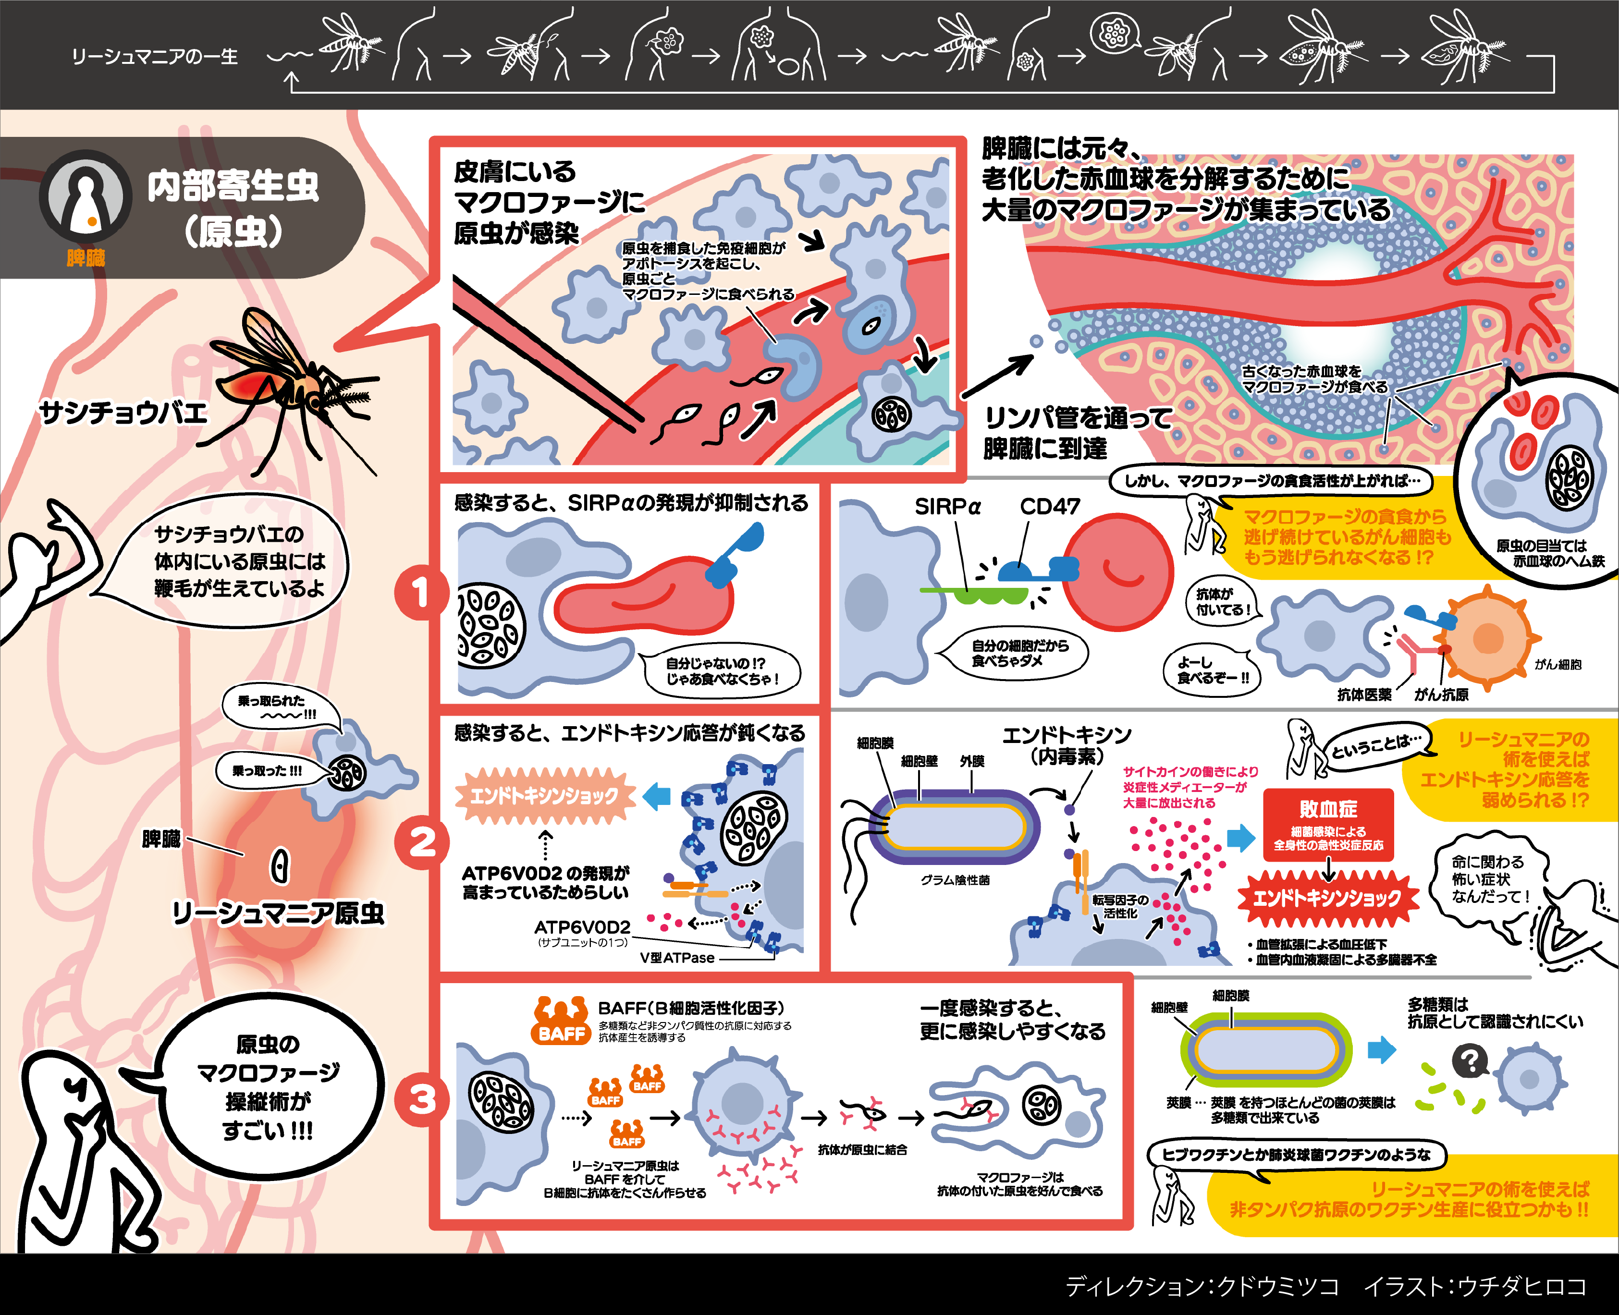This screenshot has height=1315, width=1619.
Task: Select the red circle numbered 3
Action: [x=421, y=1099]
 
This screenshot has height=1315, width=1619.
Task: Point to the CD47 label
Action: [x=1049, y=507]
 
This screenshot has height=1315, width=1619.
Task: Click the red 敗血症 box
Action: [x=1328, y=824]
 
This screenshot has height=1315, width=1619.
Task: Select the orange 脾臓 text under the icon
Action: [x=86, y=258]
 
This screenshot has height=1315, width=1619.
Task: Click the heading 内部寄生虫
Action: [x=233, y=185]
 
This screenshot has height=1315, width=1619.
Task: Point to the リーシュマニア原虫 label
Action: [x=278, y=913]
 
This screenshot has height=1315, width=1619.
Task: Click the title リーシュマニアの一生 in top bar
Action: [x=155, y=57]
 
